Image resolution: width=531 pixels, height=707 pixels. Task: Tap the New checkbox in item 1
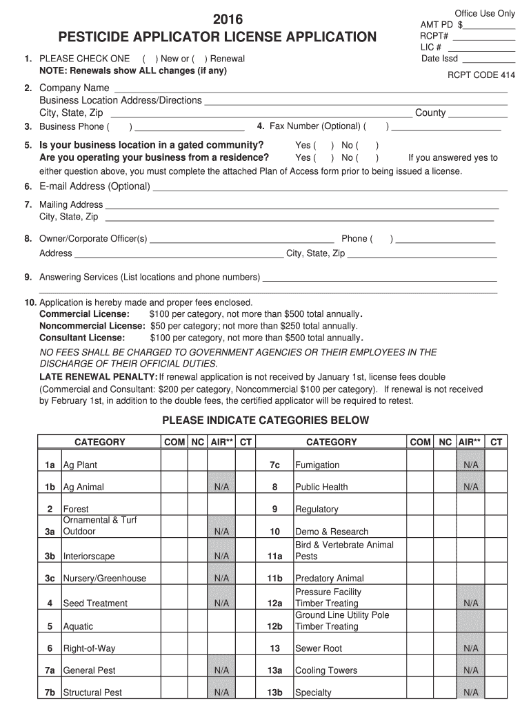click(x=148, y=59)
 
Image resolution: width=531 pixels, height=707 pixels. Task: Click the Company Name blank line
click(x=310, y=89)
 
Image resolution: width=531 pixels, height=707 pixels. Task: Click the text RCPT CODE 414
click(x=481, y=75)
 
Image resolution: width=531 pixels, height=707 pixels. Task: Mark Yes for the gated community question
click(x=323, y=146)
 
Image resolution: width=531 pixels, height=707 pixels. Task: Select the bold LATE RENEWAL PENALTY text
click(x=98, y=377)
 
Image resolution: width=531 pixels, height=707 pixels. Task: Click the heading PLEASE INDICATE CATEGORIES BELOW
click(x=265, y=420)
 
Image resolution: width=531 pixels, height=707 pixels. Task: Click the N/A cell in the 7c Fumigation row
click(x=471, y=465)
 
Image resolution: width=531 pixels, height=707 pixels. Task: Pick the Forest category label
click(x=76, y=510)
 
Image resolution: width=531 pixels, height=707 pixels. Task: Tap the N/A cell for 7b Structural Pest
click(x=221, y=693)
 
